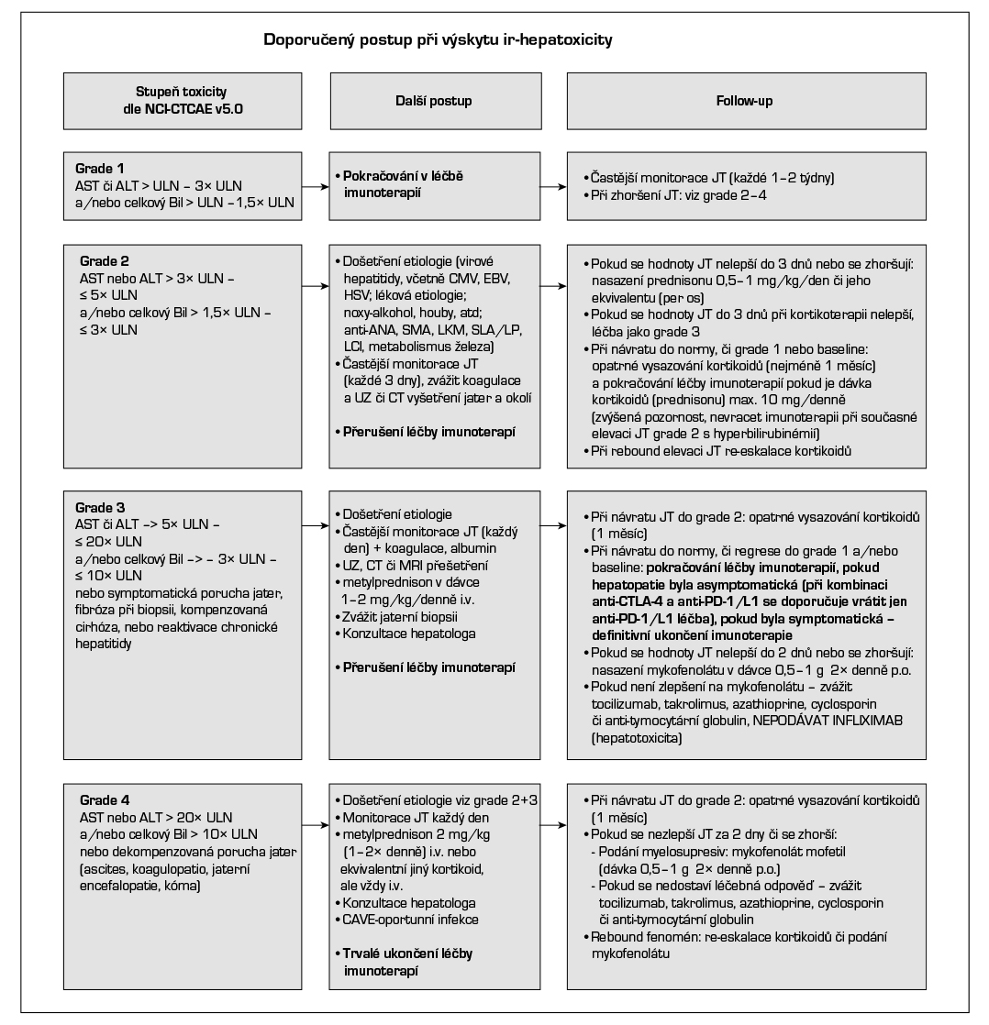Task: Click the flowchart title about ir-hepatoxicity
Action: click(439, 40)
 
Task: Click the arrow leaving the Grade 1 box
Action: click(317, 187)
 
